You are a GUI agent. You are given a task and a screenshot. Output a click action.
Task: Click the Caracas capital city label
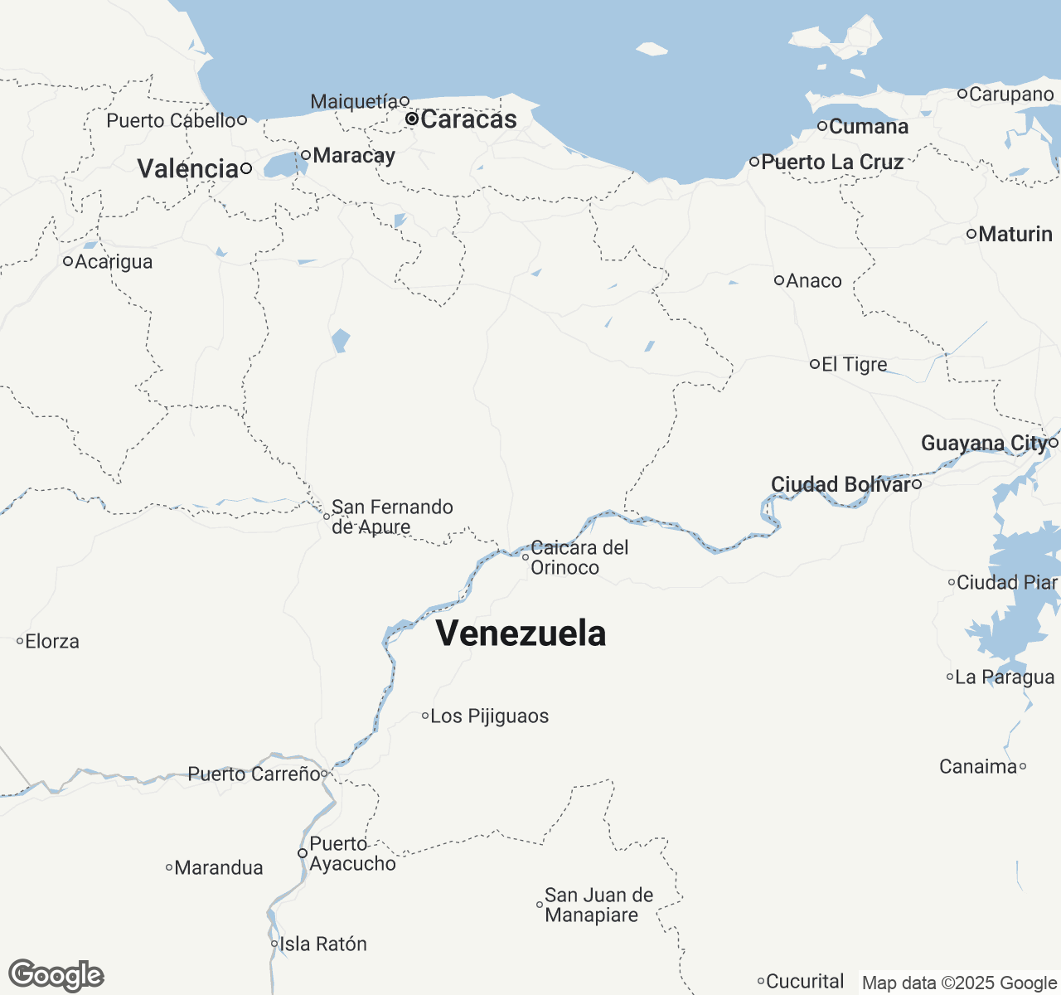coord(468,119)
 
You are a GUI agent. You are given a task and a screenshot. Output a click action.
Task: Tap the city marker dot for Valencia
coord(246,169)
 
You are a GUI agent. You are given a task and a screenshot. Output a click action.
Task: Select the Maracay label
coord(354,156)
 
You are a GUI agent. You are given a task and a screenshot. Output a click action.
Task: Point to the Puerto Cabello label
coord(171,121)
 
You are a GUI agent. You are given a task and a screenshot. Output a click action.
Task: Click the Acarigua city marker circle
coord(68,262)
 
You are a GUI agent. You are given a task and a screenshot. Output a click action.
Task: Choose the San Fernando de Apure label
coord(392,517)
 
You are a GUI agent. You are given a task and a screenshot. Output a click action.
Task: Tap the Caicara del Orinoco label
coord(579,557)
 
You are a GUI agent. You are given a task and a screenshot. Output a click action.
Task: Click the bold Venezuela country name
coord(521,633)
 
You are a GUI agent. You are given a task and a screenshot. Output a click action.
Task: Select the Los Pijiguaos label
coord(489,716)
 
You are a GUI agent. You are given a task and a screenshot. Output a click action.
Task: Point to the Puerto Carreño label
coord(254,774)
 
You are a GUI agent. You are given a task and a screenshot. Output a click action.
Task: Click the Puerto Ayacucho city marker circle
coord(303,853)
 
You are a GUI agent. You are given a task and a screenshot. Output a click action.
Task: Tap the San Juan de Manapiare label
coord(598,905)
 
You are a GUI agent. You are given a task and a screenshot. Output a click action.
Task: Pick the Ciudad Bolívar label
coord(841,484)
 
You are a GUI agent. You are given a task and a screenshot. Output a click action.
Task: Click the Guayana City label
coord(984,444)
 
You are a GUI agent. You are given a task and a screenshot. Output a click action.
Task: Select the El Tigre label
coord(854,365)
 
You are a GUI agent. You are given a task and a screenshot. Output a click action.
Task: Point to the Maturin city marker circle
coord(971,235)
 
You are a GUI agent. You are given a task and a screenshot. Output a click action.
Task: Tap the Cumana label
coord(868,127)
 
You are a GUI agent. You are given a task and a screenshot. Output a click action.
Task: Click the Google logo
coord(56,976)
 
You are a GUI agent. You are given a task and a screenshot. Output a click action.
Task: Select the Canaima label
coord(977,767)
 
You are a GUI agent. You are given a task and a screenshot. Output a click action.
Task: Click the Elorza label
coord(52,642)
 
